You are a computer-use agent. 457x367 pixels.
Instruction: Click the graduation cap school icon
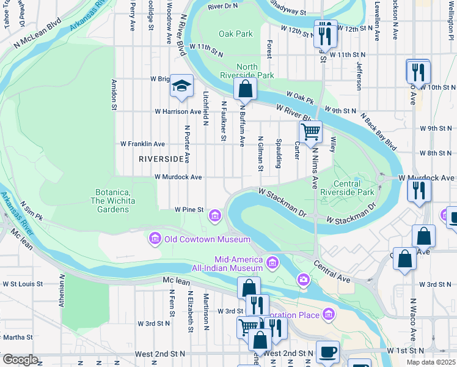click(181, 86)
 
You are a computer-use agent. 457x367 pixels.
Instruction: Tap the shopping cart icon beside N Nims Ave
click(310, 132)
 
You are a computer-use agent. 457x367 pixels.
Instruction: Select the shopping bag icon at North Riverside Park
click(245, 89)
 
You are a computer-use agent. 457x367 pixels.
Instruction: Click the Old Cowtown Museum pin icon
click(154, 239)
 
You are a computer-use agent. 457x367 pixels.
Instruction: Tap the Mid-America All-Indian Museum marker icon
click(272, 264)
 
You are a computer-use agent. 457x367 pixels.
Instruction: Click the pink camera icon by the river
click(304, 280)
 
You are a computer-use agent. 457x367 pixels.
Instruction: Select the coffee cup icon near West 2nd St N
click(327, 351)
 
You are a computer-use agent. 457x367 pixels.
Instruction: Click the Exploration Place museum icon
click(329, 314)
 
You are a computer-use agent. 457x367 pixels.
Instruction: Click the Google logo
click(20, 360)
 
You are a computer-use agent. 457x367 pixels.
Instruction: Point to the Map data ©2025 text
click(430, 362)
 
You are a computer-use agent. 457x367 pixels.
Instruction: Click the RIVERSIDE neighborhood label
click(161, 159)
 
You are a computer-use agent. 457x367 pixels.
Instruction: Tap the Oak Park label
click(235, 34)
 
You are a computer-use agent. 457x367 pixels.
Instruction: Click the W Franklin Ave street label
click(142, 144)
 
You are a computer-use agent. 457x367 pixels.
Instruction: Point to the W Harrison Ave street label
click(178, 112)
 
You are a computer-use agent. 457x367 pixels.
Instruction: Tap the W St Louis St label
click(22, 284)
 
